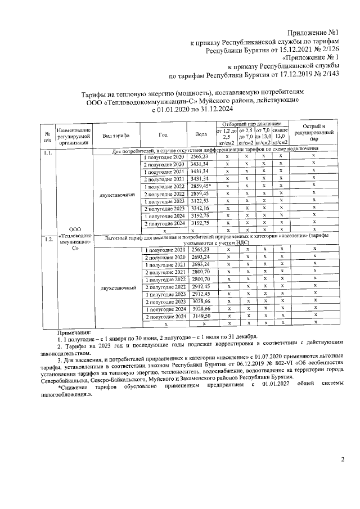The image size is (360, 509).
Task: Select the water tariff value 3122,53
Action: coord(200,201)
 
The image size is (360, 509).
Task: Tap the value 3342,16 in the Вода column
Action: coord(200,209)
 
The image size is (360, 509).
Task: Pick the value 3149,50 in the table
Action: coord(200,316)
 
